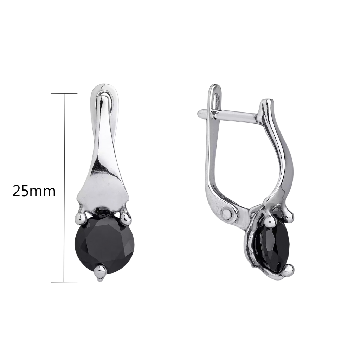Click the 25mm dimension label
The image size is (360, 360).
coord(34,191)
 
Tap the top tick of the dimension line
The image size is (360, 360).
coord(64,93)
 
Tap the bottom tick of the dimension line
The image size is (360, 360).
coord(64,282)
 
